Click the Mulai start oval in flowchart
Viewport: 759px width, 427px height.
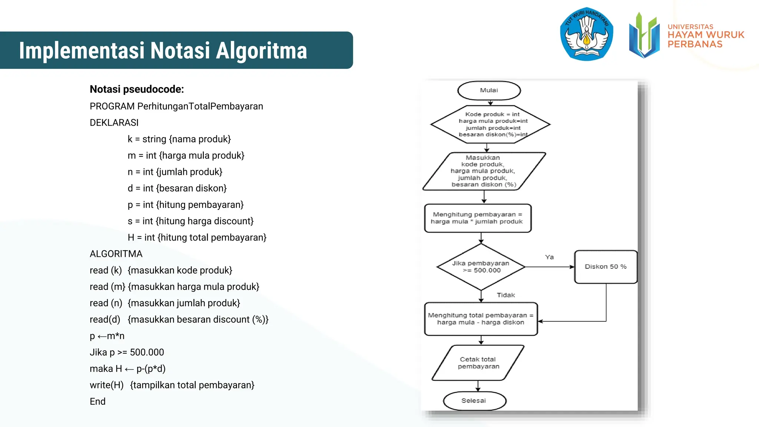tap(489, 90)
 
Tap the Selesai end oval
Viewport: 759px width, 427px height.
tap(474, 401)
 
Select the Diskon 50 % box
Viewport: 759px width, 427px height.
tap(606, 267)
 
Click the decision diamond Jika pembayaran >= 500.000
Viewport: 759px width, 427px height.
tap(481, 267)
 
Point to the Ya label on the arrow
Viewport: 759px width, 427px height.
tap(549, 257)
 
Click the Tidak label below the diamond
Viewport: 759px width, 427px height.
tap(506, 295)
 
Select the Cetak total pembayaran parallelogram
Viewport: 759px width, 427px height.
tap(478, 363)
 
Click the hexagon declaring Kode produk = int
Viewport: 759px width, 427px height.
tap(490, 125)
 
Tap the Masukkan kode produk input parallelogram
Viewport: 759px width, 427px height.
tap(483, 171)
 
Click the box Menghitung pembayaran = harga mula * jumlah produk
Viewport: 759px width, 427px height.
tap(478, 218)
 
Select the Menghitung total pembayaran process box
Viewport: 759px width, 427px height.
tap(481, 319)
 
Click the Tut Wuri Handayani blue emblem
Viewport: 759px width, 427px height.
tap(586, 34)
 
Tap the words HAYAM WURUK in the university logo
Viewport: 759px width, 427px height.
tap(706, 35)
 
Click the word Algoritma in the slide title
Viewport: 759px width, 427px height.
tap(261, 50)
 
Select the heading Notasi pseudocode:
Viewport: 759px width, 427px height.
tap(137, 89)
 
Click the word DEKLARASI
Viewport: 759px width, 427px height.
tap(114, 123)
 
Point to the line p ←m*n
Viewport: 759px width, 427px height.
tap(107, 336)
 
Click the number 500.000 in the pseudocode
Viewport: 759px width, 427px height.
tap(147, 352)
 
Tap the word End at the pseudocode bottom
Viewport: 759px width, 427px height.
tap(97, 402)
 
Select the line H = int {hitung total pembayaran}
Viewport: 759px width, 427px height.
tap(197, 238)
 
